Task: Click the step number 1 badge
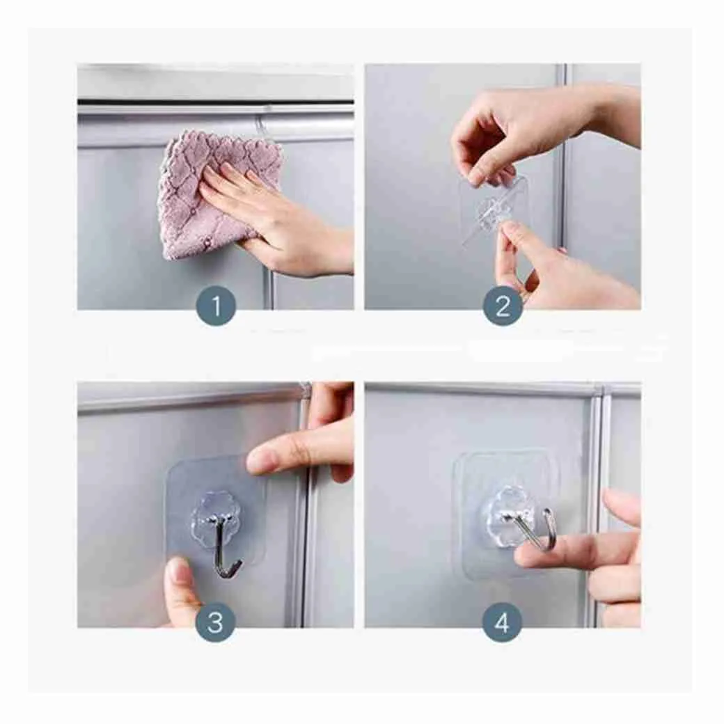pyautogui.click(x=216, y=306)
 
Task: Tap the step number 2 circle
pyautogui.click(x=503, y=306)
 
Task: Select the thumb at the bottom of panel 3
pyautogui.click(x=182, y=591)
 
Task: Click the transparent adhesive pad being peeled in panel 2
pyautogui.click(x=494, y=212)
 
